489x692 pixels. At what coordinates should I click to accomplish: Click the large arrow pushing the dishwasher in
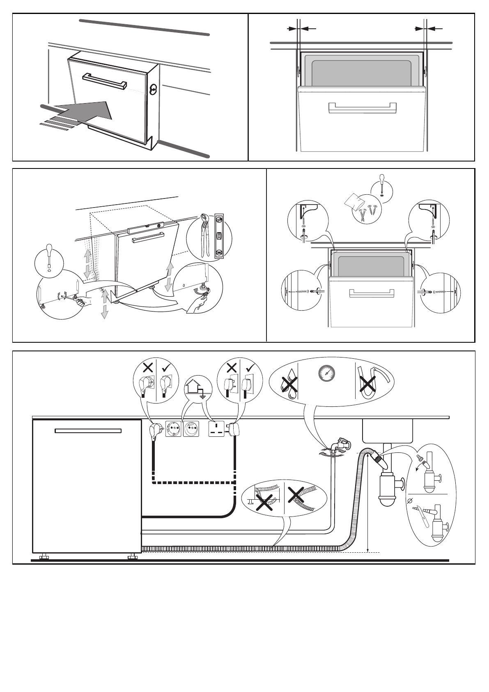click(88, 113)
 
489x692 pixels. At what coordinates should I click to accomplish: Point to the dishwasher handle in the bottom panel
click(88, 431)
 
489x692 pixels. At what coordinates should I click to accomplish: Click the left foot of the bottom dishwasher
click(43, 557)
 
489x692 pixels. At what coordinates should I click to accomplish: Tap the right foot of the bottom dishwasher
click(132, 557)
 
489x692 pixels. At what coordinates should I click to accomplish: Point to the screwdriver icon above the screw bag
click(382, 185)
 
